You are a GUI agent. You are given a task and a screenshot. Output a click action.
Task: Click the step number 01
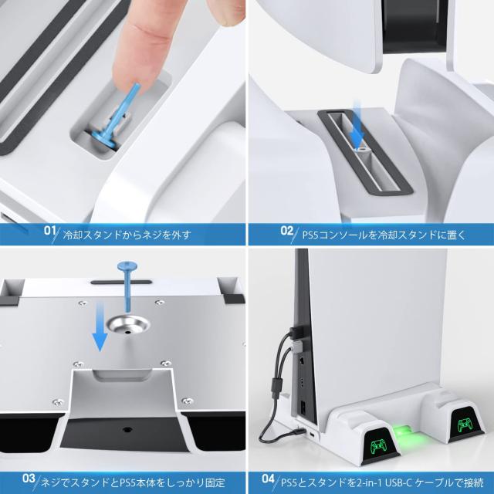click(49, 230)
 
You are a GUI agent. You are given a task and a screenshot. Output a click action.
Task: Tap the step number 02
click(286, 231)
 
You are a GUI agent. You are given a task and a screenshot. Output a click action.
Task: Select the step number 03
click(29, 479)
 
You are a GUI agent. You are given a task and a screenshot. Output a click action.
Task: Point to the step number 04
click(269, 479)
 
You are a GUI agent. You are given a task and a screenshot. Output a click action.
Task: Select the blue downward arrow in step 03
click(100, 326)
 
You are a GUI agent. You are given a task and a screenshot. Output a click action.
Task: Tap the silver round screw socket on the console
click(127, 325)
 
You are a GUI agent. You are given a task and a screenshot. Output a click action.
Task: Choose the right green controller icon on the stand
click(465, 425)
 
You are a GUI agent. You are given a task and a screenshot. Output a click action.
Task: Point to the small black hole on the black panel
click(127, 429)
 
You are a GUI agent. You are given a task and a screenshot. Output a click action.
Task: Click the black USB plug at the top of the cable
click(296, 332)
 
